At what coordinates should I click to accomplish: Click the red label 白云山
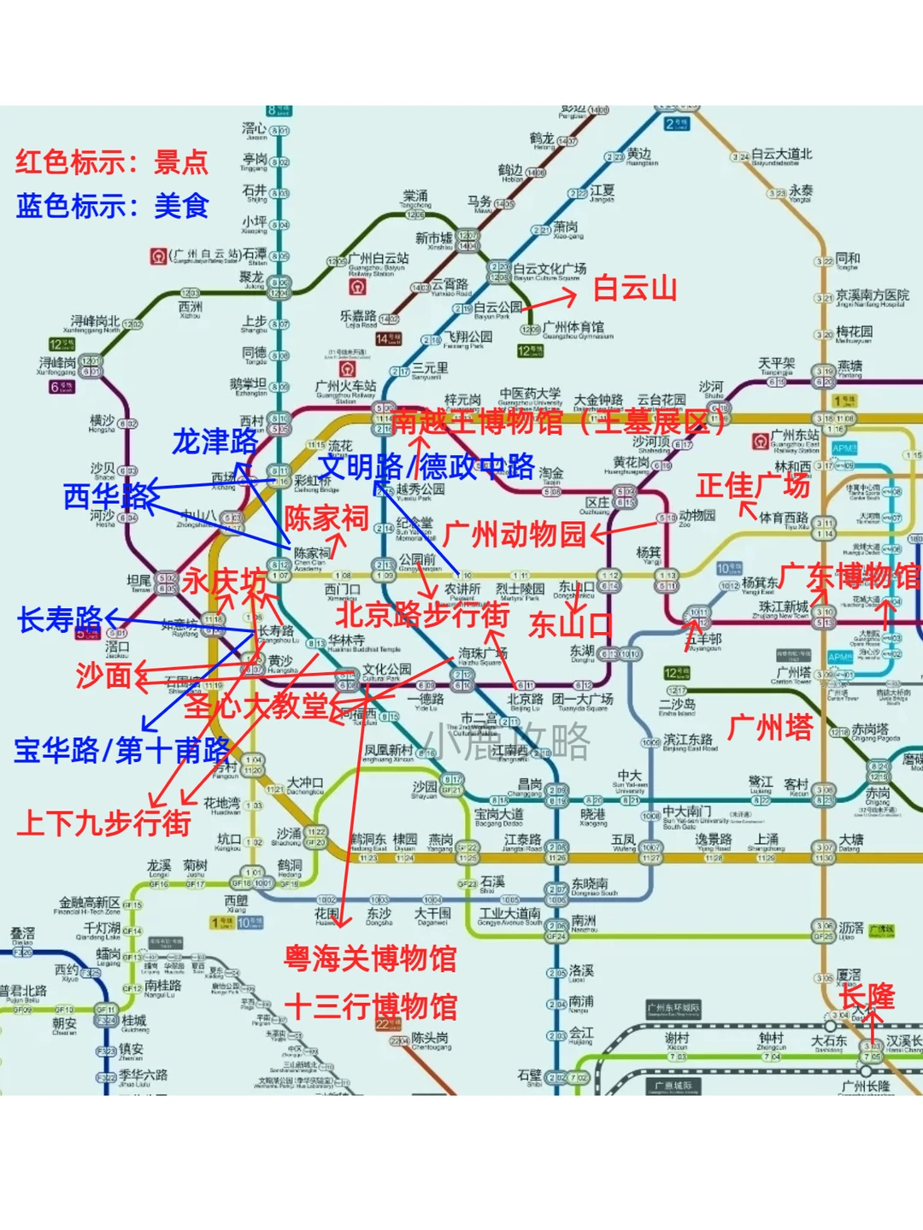pos(635,289)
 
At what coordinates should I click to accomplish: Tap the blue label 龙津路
pos(215,442)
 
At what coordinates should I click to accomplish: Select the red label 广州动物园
pos(514,535)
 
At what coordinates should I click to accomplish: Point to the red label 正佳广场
pos(752,485)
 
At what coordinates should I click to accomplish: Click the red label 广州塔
pos(770,728)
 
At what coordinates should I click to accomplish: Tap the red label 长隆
pos(867,996)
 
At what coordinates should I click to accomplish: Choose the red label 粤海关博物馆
pos(370,958)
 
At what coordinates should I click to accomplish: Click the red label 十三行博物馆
pos(370,1007)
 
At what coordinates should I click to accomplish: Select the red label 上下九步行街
pos(103,823)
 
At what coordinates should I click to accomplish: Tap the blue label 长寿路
pos(60,619)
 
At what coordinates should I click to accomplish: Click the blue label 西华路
pos(109,496)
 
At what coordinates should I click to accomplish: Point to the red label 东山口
pos(570,624)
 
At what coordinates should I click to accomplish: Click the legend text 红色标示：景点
pos(112,161)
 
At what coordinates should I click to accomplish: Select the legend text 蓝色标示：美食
pos(112,206)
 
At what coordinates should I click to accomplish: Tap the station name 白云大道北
pos(781,155)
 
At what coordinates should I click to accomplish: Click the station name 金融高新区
pos(89,903)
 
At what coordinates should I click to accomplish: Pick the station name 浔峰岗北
pos(95,321)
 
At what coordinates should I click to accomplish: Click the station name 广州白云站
pos(378,258)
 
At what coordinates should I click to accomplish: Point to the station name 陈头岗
pos(431,1039)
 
